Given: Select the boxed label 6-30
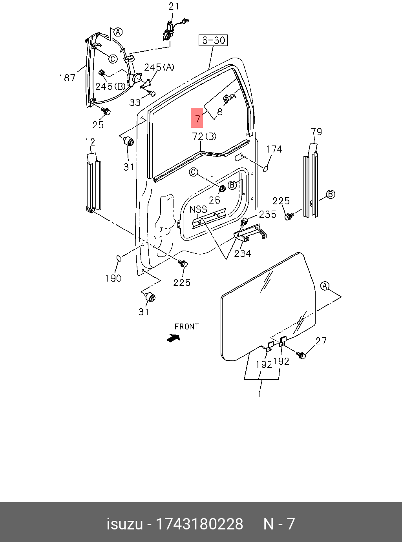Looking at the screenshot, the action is [213, 40].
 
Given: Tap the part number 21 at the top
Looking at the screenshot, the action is [174, 6].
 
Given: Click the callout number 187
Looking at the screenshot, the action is [67, 78].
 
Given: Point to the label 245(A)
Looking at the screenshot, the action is [159, 67].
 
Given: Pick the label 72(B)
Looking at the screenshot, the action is [204, 136].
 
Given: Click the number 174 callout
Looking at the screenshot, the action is [274, 149].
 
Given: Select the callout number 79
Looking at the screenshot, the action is [316, 131].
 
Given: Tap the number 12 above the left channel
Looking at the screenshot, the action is [90, 142].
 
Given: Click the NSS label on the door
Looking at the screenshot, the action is [198, 209].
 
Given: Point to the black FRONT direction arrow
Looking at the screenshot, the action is [173, 337].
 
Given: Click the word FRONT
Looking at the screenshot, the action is [187, 326].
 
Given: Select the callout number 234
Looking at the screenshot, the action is [243, 253].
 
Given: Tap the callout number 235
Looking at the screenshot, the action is [267, 214].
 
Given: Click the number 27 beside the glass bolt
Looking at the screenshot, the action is [321, 341].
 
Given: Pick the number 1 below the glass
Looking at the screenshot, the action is [260, 394].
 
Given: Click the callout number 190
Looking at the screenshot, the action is [113, 278].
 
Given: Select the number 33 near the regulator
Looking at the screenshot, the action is [135, 102].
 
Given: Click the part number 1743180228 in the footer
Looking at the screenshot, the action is [200, 524].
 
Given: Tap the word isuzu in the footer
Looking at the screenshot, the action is [124, 524].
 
